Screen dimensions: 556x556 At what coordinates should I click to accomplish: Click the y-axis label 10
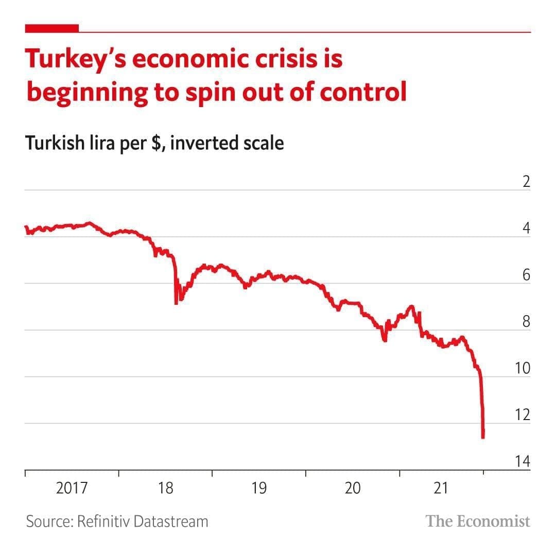(x=522, y=368)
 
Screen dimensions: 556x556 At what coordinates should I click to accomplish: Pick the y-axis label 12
(x=522, y=415)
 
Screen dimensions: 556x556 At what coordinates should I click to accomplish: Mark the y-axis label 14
(x=522, y=462)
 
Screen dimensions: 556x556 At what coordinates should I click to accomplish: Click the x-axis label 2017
(x=72, y=488)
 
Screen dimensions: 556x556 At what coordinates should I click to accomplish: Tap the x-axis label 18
(x=166, y=488)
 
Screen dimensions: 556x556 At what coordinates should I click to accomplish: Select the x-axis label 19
(x=259, y=488)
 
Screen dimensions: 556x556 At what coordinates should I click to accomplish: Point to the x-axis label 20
(x=353, y=488)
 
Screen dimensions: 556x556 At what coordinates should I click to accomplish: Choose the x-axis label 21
(x=441, y=488)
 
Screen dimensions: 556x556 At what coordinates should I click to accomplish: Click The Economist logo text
(x=478, y=521)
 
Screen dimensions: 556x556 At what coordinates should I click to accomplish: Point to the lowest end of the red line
(x=483, y=438)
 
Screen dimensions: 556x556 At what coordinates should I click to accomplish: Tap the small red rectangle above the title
(x=52, y=28)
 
